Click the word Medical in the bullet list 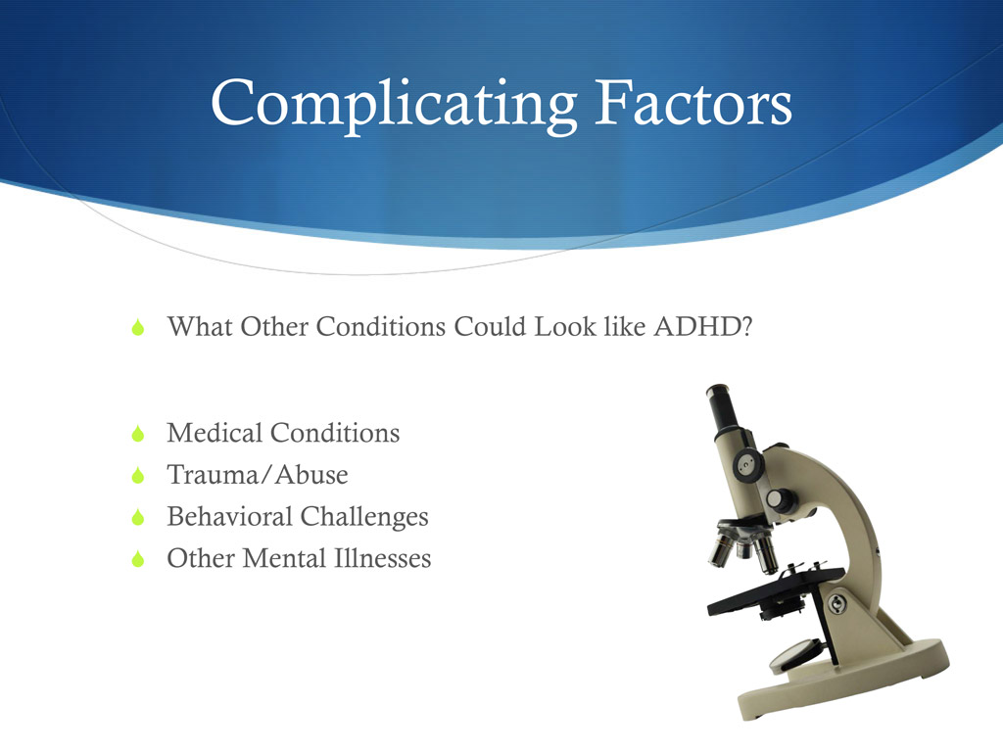(x=215, y=433)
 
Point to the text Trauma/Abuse (x=258, y=476)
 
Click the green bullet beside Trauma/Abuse (x=138, y=477)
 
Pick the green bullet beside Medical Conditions (x=138, y=434)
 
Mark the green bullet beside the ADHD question (x=138, y=327)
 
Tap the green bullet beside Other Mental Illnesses (x=138, y=560)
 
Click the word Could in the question (x=492, y=326)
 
